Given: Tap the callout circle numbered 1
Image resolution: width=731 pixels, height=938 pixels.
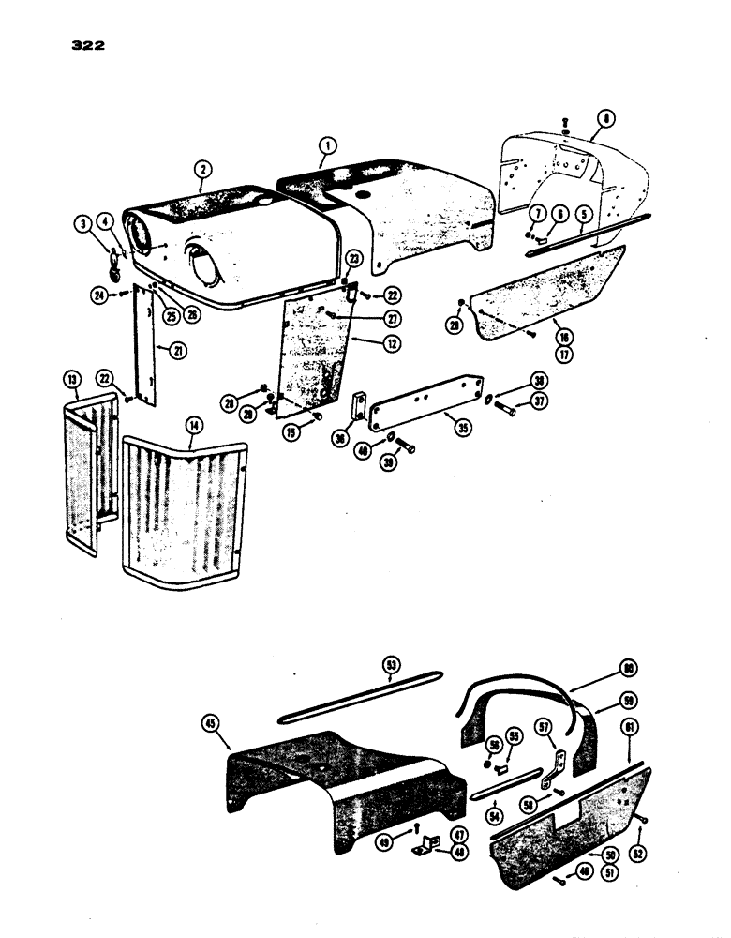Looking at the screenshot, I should click(x=326, y=146).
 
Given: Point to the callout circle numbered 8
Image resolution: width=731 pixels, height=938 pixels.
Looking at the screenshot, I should click(x=606, y=119).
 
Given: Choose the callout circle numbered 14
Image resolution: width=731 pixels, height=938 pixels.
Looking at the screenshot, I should click(x=194, y=425).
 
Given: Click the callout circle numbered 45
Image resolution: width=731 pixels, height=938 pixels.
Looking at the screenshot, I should click(x=211, y=722).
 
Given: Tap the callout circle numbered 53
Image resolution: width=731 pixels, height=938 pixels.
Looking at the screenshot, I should click(x=392, y=665).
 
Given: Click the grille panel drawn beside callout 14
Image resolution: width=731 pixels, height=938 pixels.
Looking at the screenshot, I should click(x=183, y=507).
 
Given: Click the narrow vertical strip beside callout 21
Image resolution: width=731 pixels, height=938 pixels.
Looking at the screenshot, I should click(x=145, y=347).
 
